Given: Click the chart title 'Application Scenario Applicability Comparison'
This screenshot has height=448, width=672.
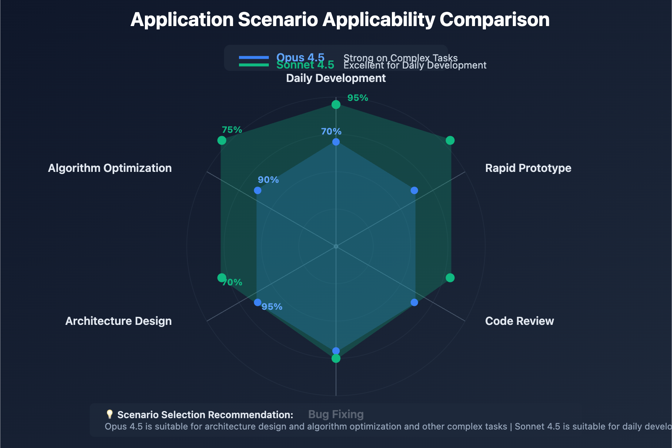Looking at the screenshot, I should coord(340,20).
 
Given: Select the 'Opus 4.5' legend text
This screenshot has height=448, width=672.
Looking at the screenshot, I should coord(300,57).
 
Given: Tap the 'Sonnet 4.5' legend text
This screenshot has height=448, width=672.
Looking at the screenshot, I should coord(305,65).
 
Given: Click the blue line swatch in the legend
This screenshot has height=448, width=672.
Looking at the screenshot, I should coord(254,58).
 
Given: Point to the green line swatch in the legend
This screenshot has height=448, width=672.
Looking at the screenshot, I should coord(254,65).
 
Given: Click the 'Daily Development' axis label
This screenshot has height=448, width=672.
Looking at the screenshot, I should coord(336,78).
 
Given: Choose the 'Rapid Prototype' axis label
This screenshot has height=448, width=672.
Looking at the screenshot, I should coord(528,168).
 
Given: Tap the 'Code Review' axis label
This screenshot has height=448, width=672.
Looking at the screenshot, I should coord(519,321).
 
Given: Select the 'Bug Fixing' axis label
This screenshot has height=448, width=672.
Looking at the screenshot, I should coord(336,414).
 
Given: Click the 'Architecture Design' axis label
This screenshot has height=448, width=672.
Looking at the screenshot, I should coord(118,321).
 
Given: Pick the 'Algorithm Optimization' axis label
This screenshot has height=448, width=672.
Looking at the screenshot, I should coord(110,168).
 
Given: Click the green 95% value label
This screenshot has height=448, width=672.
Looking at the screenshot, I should coord(357,98).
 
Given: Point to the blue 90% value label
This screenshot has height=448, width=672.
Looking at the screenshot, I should coord(268,180).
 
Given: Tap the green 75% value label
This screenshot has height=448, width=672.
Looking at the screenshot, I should coord(232,130).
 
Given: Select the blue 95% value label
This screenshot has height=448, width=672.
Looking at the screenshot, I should coord(272,307).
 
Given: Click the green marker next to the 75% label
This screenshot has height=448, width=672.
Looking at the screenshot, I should coord(222,140).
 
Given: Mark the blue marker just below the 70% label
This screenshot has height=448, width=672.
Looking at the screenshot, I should coord(336,142).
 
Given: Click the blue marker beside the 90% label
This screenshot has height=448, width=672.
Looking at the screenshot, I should coord(257,191).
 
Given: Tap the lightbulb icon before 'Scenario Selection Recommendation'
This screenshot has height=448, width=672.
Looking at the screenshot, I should coord(110,414).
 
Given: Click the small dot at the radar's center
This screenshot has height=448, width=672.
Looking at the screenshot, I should coord(336,246).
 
